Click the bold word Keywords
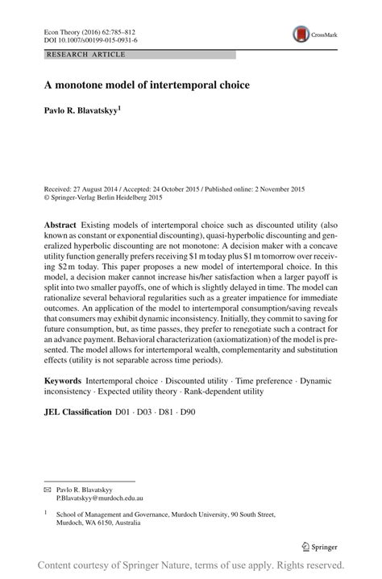click(62, 376)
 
